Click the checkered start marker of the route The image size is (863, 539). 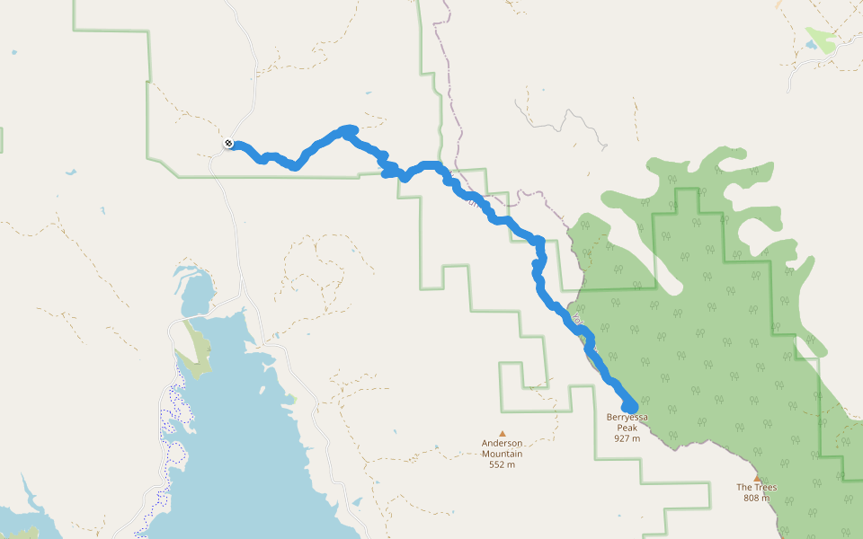[229, 143]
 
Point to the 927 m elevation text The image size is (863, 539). [627, 438]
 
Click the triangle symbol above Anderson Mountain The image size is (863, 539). [502, 432]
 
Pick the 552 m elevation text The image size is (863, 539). [502, 464]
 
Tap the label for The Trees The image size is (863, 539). [756, 488]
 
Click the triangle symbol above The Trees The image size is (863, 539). [757, 478]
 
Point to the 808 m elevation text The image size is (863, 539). [756, 499]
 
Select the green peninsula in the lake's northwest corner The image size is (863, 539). [192, 350]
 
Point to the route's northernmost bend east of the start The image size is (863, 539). [348, 130]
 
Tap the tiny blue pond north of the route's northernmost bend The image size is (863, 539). [368, 93]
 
